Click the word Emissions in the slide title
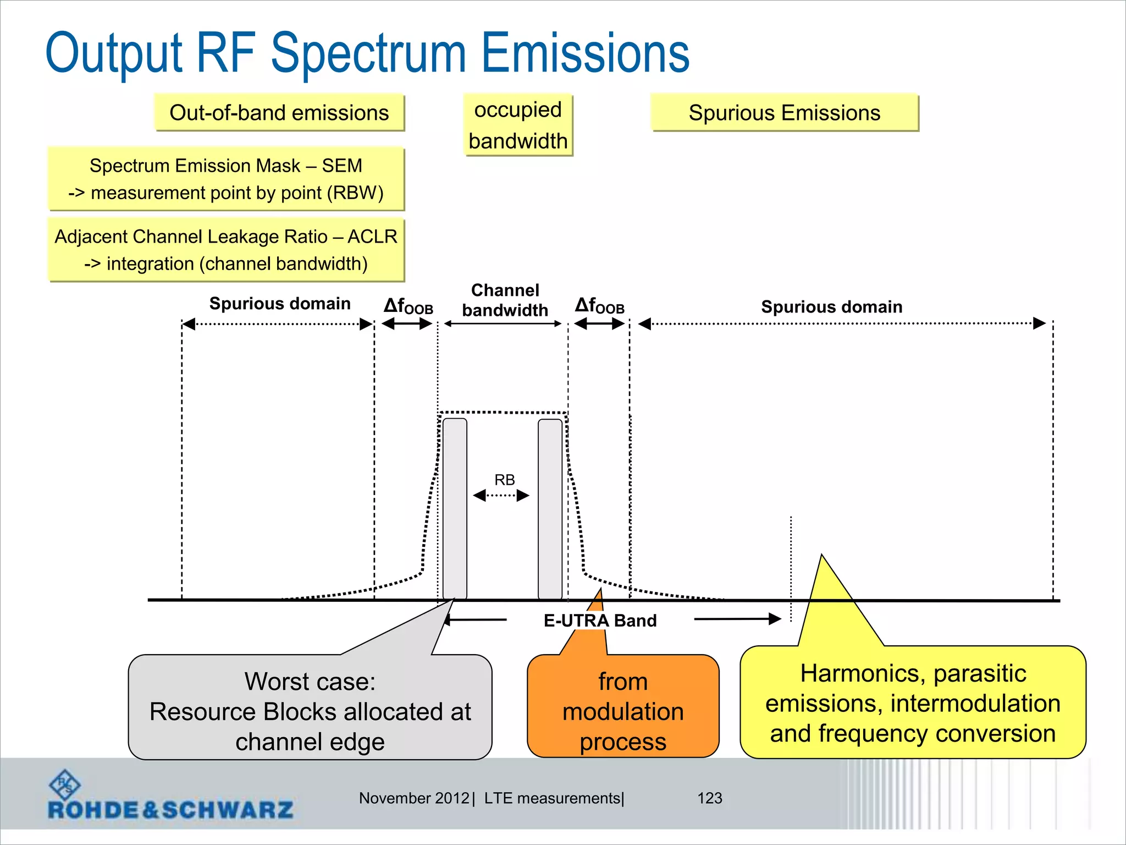tap(585, 53)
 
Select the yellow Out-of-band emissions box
tap(279, 113)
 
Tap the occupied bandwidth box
tap(518, 125)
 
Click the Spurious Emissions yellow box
tap(784, 113)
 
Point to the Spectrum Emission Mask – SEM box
tap(226, 179)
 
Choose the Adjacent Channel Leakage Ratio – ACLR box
tap(226, 250)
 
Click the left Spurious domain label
tap(279, 304)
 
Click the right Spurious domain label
tap(831, 307)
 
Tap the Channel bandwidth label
tap(505, 300)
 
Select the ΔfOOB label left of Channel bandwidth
tap(408, 306)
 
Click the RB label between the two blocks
tap(504, 480)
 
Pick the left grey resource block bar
tap(455, 509)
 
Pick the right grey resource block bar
tap(550, 509)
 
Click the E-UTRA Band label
tap(600, 621)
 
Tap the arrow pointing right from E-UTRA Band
tap(737, 619)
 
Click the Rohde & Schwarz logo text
tap(170, 810)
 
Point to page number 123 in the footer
tap(709, 798)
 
